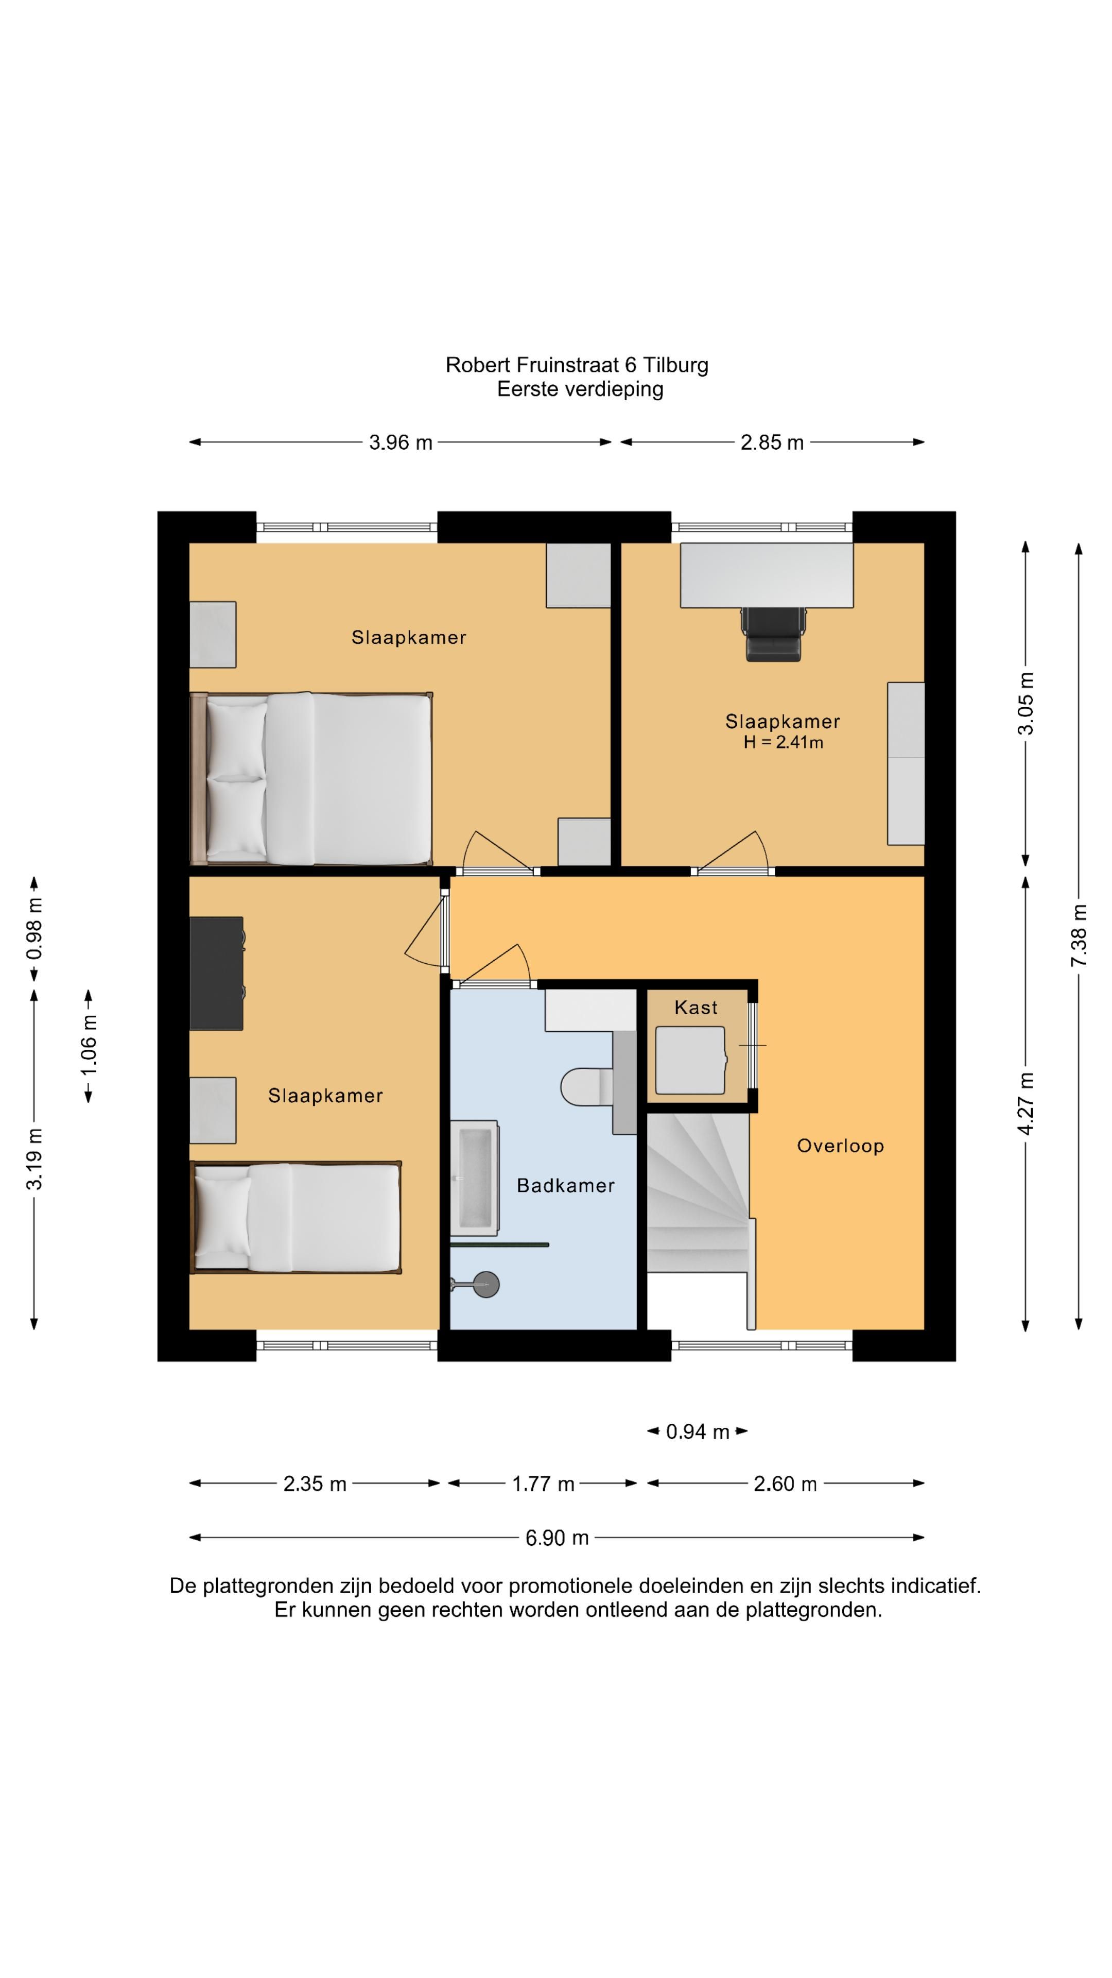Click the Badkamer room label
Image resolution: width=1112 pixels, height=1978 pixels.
566,1186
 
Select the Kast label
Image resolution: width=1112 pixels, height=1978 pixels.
696,1008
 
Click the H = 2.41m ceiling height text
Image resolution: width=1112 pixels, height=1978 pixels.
783,742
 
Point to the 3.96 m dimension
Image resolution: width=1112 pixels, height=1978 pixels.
401,442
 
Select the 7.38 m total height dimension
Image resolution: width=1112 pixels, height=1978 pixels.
1079,935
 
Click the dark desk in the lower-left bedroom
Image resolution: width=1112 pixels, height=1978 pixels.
216,973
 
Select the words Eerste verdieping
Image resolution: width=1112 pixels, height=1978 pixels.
580,389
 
